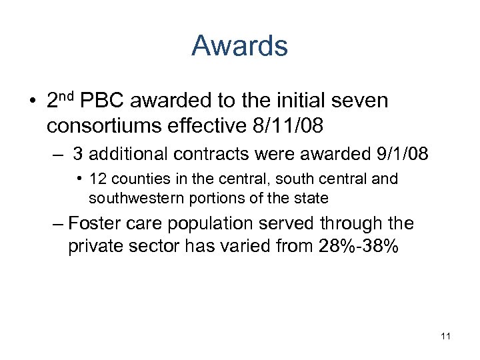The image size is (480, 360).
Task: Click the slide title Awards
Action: click(x=239, y=46)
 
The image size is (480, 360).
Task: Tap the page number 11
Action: click(x=445, y=337)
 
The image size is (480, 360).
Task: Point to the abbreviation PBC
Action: click(x=103, y=101)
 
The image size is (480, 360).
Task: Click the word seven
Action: click(x=362, y=101)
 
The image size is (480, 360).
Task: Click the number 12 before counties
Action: click(x=97, y=179)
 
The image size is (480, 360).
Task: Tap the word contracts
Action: click(x=215, y=155)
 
